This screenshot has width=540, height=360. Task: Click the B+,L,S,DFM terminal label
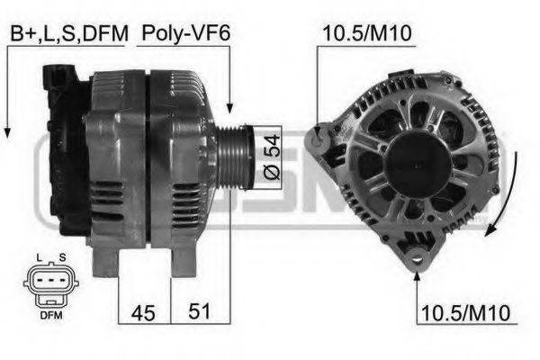(67, 35)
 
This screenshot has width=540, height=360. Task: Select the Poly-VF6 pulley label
(185, 35)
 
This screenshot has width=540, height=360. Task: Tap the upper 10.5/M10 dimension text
(366, 35)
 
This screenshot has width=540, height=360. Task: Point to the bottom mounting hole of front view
(415, 261)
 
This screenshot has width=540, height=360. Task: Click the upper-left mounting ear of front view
(317, 137)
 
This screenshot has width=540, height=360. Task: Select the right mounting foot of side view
(184, 262)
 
